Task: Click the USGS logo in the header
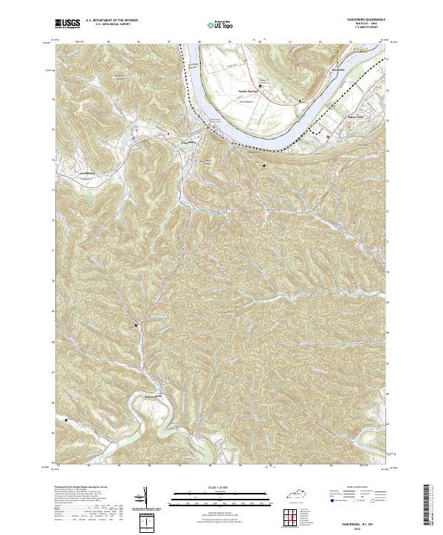(x=66, y=24)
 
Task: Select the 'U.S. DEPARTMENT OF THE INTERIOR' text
(x=111, y=21)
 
